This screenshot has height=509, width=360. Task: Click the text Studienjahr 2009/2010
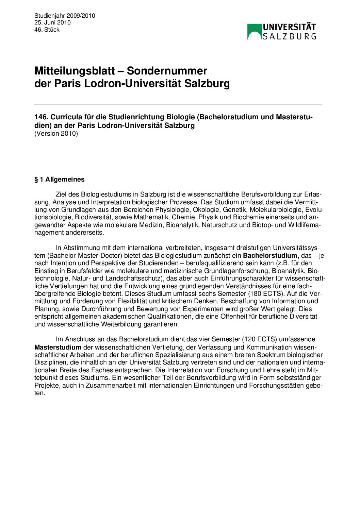point(65,16)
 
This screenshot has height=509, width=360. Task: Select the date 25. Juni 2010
point(52,22)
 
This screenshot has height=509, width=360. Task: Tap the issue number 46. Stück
point(47,30)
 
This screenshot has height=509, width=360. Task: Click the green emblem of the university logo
point(254,31)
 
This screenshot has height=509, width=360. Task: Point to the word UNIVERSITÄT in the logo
point(289,27)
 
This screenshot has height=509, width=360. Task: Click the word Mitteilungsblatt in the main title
point(75,71)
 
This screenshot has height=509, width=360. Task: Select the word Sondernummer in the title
point(167,71)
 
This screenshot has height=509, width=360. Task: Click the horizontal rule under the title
point(178,104)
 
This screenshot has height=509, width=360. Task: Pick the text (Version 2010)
point(56,133)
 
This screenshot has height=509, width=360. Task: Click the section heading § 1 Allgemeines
point(60,180)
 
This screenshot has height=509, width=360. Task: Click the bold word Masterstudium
point(58,347)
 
